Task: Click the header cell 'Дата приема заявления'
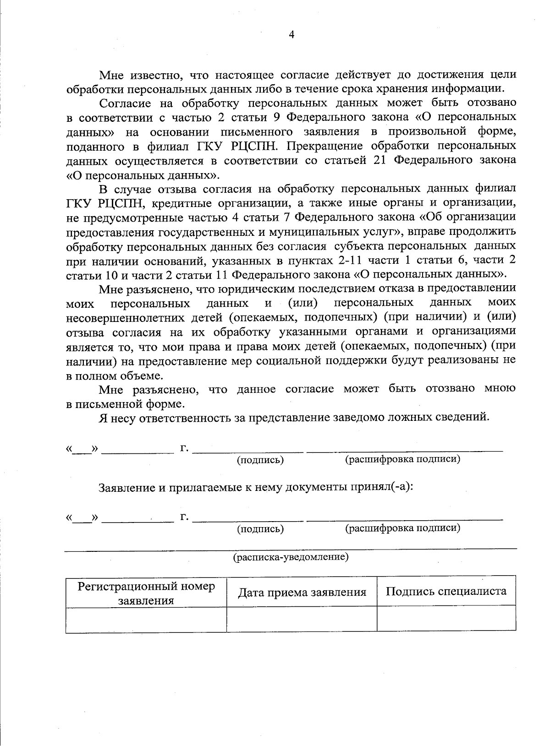[x=302, y=593]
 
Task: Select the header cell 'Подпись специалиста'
[x=446, y=591]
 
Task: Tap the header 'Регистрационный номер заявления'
[x=146, y=594]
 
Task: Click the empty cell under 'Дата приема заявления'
[x=302, y=620]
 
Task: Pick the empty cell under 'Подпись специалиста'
[x=446, y=620]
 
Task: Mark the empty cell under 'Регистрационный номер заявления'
[x=146, y=620]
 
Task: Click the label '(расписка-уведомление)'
[x=291, y=557]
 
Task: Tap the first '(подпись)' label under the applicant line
[x=260, y=460]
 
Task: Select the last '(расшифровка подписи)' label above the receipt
[x=402, y=528]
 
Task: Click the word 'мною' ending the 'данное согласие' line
[x=500, y=389]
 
